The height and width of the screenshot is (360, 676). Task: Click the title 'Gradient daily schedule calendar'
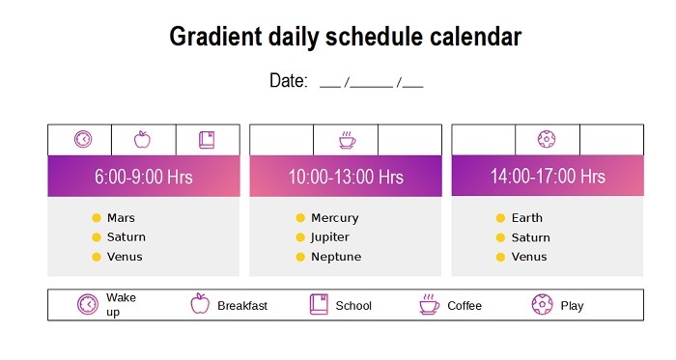pos(345,38)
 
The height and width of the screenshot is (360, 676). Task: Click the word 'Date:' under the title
pos(288,81)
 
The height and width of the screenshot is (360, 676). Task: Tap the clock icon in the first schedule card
pos(83,140)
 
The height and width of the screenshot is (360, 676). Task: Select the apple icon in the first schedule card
pos(142,140)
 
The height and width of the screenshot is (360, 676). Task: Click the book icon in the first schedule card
pos(207,140)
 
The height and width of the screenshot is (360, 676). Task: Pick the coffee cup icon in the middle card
pos(346,141)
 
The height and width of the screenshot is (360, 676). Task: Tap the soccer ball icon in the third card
pos(547,140)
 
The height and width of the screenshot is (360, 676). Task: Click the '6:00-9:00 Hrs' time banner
pos(143,177)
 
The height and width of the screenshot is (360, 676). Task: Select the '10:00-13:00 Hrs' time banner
pos(346,177)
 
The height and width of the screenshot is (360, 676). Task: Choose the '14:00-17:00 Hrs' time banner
pos(548,177)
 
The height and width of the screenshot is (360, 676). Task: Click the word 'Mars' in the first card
pos(121,218)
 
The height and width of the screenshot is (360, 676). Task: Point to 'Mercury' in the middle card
pos(334,218)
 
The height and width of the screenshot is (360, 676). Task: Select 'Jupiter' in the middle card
pos(329,237)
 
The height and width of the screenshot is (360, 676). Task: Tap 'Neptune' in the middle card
pos(335,257)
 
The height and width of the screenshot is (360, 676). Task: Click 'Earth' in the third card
pos(527,218)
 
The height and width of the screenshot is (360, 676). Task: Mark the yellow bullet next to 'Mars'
pos(96,218)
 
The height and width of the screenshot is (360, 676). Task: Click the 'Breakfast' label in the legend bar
pos(241,306)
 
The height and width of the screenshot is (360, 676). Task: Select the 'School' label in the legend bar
pos(353,306)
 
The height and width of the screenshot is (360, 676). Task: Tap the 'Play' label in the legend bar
pos(572,306)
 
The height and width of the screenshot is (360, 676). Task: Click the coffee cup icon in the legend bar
pos(428,305)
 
